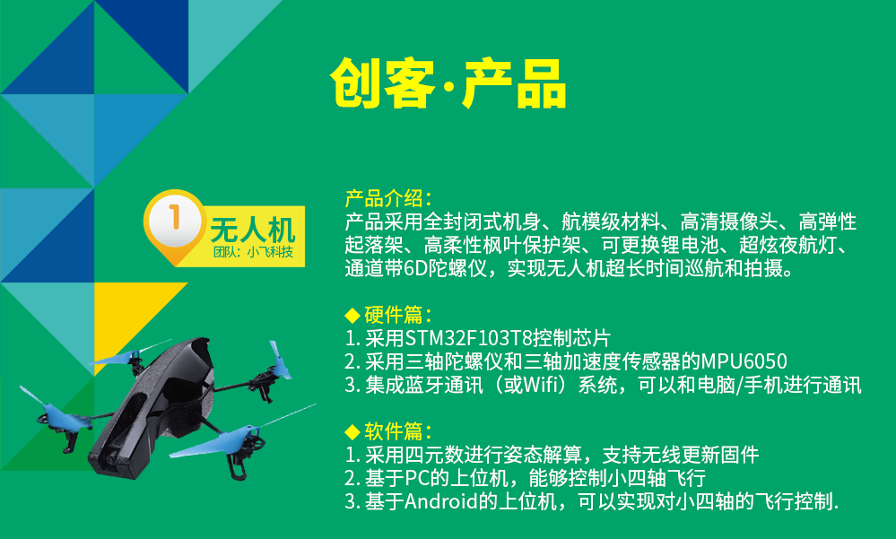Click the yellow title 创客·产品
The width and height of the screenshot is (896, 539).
click(448, 83)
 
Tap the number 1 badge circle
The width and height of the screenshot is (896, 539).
click(175, 220)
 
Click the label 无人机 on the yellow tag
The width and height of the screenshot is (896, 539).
click(253, 230)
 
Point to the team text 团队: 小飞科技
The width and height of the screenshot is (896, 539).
click(253, 252)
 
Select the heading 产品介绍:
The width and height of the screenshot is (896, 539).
click(388, 198)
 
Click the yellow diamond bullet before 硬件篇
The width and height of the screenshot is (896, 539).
click(352, 315)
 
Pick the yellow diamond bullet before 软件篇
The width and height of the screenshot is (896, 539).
click(352, 431)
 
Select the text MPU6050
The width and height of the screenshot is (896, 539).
click(744, 361)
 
